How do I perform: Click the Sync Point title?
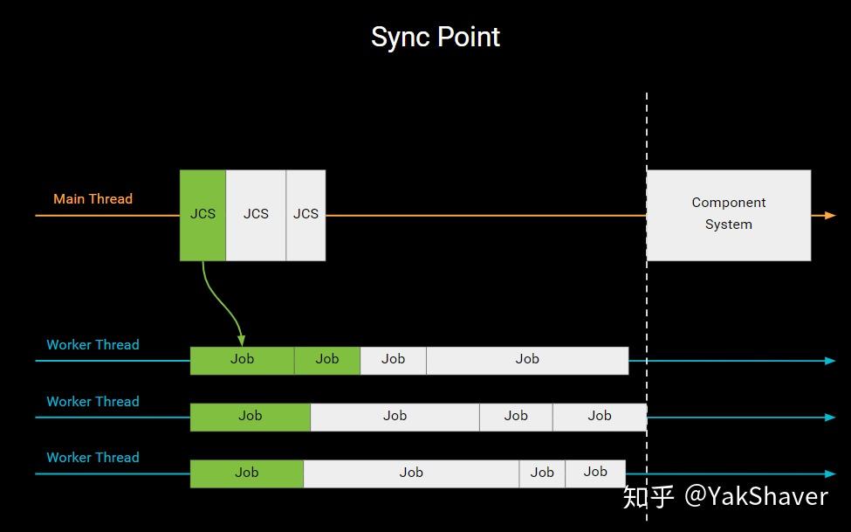[x=436, y=37]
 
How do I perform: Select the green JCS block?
[x=202, y=215]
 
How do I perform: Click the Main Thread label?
[x=93, y=199]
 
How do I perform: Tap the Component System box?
[x=728, y=215]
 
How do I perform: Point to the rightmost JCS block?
[x=305, y=215]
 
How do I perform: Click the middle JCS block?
[x=256, y=215]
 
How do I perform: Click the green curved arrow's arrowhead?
[x=242, y=341]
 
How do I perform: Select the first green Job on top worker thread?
[x=242, y=360]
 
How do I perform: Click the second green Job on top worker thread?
[x=327, y=360]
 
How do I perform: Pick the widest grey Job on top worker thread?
[x=527, y=360]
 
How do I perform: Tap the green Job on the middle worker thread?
[x=250, y=417]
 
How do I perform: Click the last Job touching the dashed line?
[x=600, y=417]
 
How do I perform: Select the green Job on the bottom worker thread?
[x=247, y=473]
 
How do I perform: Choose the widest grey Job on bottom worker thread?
[x=411, y=473]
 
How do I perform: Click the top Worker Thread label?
[x=93, y=345]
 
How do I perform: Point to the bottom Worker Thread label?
[x=93, y=458]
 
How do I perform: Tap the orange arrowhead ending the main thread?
[x=829, y=215]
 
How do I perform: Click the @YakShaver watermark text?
[x=756, y=496]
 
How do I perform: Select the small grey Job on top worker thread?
[x=393, y=360]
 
